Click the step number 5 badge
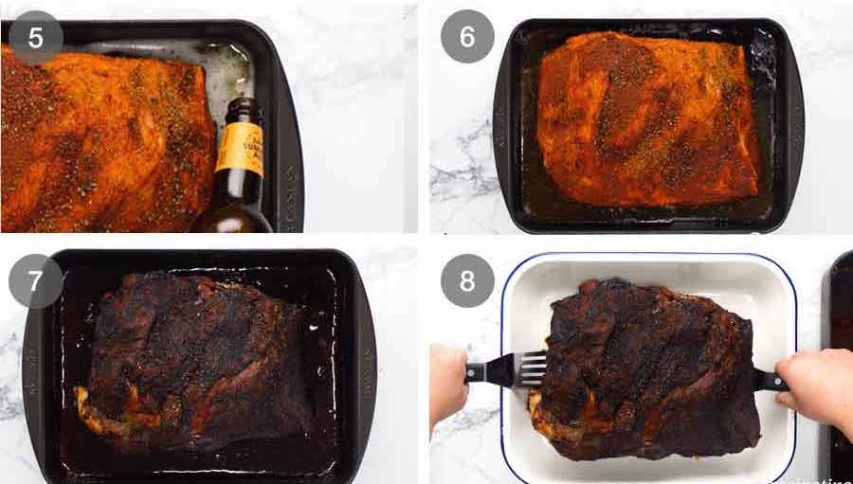coord(35,38)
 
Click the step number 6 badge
coord(466,38)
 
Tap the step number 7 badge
coord(35,281)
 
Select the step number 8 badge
coord(466,281)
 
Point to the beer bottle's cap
coord(245,106)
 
